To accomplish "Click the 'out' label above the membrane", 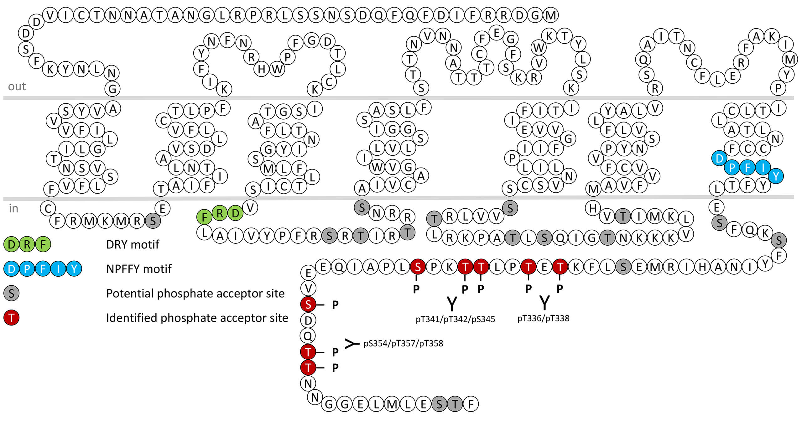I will pos(17,86).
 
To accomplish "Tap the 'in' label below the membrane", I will pos(13,208).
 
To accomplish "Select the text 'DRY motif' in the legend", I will pos(133,244).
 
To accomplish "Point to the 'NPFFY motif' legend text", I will pos(139,269).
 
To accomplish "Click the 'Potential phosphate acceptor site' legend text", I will pos(195,294).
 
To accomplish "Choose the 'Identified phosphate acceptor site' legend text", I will pos(197,318).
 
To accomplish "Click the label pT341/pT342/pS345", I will pos(455,319).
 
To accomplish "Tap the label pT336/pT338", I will pos(543,318).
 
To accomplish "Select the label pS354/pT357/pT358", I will pos(403,343).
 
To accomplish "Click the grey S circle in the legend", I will pos(11,294).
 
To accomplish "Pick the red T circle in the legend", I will pos(11,318).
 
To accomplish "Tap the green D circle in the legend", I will pos(11,244).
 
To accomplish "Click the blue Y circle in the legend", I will pos(74,269).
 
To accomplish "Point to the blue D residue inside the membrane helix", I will pos(719,158).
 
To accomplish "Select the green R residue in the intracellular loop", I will pos(220,213).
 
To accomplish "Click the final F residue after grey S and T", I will pos(471,404).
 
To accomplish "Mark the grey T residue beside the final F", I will pos(455,404).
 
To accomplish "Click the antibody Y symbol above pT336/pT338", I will pos(544,303).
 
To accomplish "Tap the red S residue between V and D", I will pos(308,304).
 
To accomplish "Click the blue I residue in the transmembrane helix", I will pos(763,168).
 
